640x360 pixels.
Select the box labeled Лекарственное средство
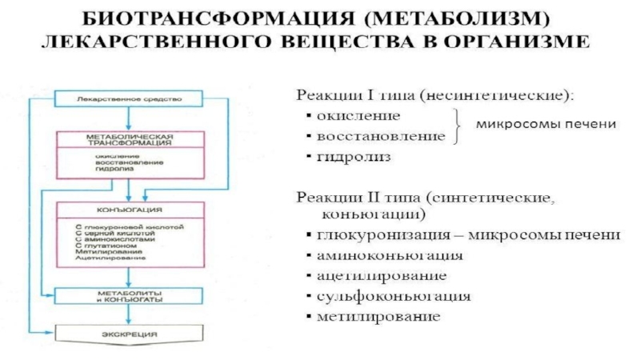[x=130, y=99]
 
